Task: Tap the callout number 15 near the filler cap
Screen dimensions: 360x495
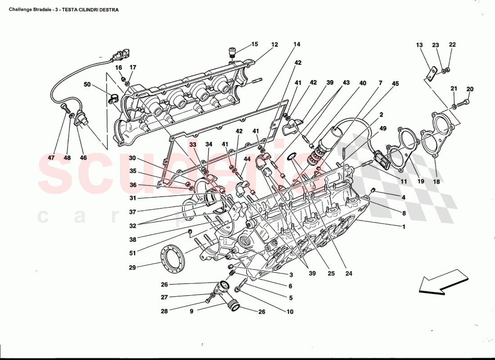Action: point(255,44)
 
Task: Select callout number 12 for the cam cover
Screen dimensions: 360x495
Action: point(274,45)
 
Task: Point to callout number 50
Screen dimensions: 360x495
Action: point(87,84)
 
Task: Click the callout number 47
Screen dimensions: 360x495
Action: point(54,158)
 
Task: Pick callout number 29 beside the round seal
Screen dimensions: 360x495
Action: point(132,267)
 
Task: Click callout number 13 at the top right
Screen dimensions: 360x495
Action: point(419,45)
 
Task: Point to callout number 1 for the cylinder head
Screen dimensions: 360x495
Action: point(404,226)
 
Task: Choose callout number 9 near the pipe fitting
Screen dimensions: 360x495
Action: point(191,311)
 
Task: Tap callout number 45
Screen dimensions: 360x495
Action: point(395,83)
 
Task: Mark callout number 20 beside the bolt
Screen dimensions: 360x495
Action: point(470,89)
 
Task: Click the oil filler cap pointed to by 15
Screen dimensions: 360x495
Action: point(233,52)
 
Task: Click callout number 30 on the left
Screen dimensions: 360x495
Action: point(132,158)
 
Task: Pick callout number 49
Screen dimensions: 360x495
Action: point(383,129)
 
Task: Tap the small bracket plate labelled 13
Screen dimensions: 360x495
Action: point(432,73)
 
